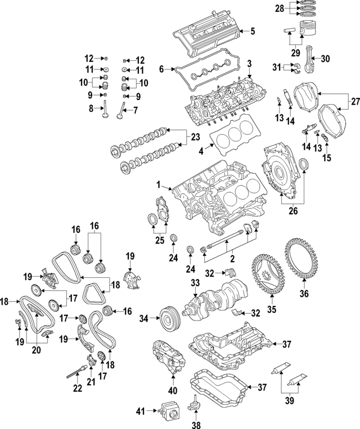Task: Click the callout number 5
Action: [x=253, y=31]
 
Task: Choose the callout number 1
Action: [x=159, y=184]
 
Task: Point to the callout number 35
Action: [x=271, y=309]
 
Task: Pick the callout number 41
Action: [x=140, y=412]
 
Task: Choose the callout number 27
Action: [x=355, y=102]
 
